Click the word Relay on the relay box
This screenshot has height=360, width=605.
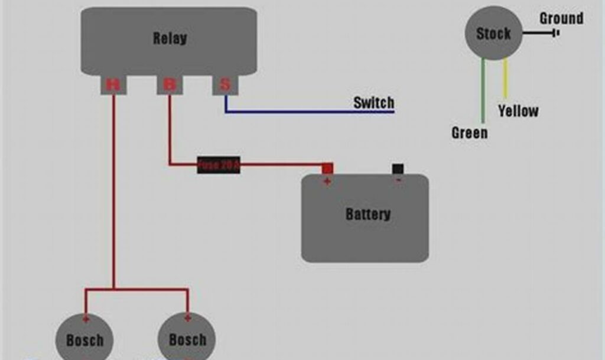tap(170, 39)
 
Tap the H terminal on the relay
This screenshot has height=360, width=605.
tap(112, 85)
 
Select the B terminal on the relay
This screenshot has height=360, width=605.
tap(169, 85)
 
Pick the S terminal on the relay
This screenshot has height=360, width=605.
tap(225, 85)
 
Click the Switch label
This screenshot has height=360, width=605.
tap(373, 103)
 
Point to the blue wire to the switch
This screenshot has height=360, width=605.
tap(307, 112)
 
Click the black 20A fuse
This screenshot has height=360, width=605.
tap(219, 165)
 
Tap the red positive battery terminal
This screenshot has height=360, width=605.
tap(327, 168)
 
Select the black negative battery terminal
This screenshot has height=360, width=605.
tap(398, 168)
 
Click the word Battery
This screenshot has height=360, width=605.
tap(367, 214)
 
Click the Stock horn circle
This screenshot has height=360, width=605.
tap(493, 34)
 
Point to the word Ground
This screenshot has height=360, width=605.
tap(561, 18)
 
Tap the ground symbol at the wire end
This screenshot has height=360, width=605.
tap(556, 33)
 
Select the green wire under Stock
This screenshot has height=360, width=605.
tap(483, 89)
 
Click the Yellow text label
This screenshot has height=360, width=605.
tap(518, 111)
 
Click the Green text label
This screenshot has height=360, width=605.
tap(470, 132)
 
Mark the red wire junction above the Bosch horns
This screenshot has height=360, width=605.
tap(114, 289)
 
